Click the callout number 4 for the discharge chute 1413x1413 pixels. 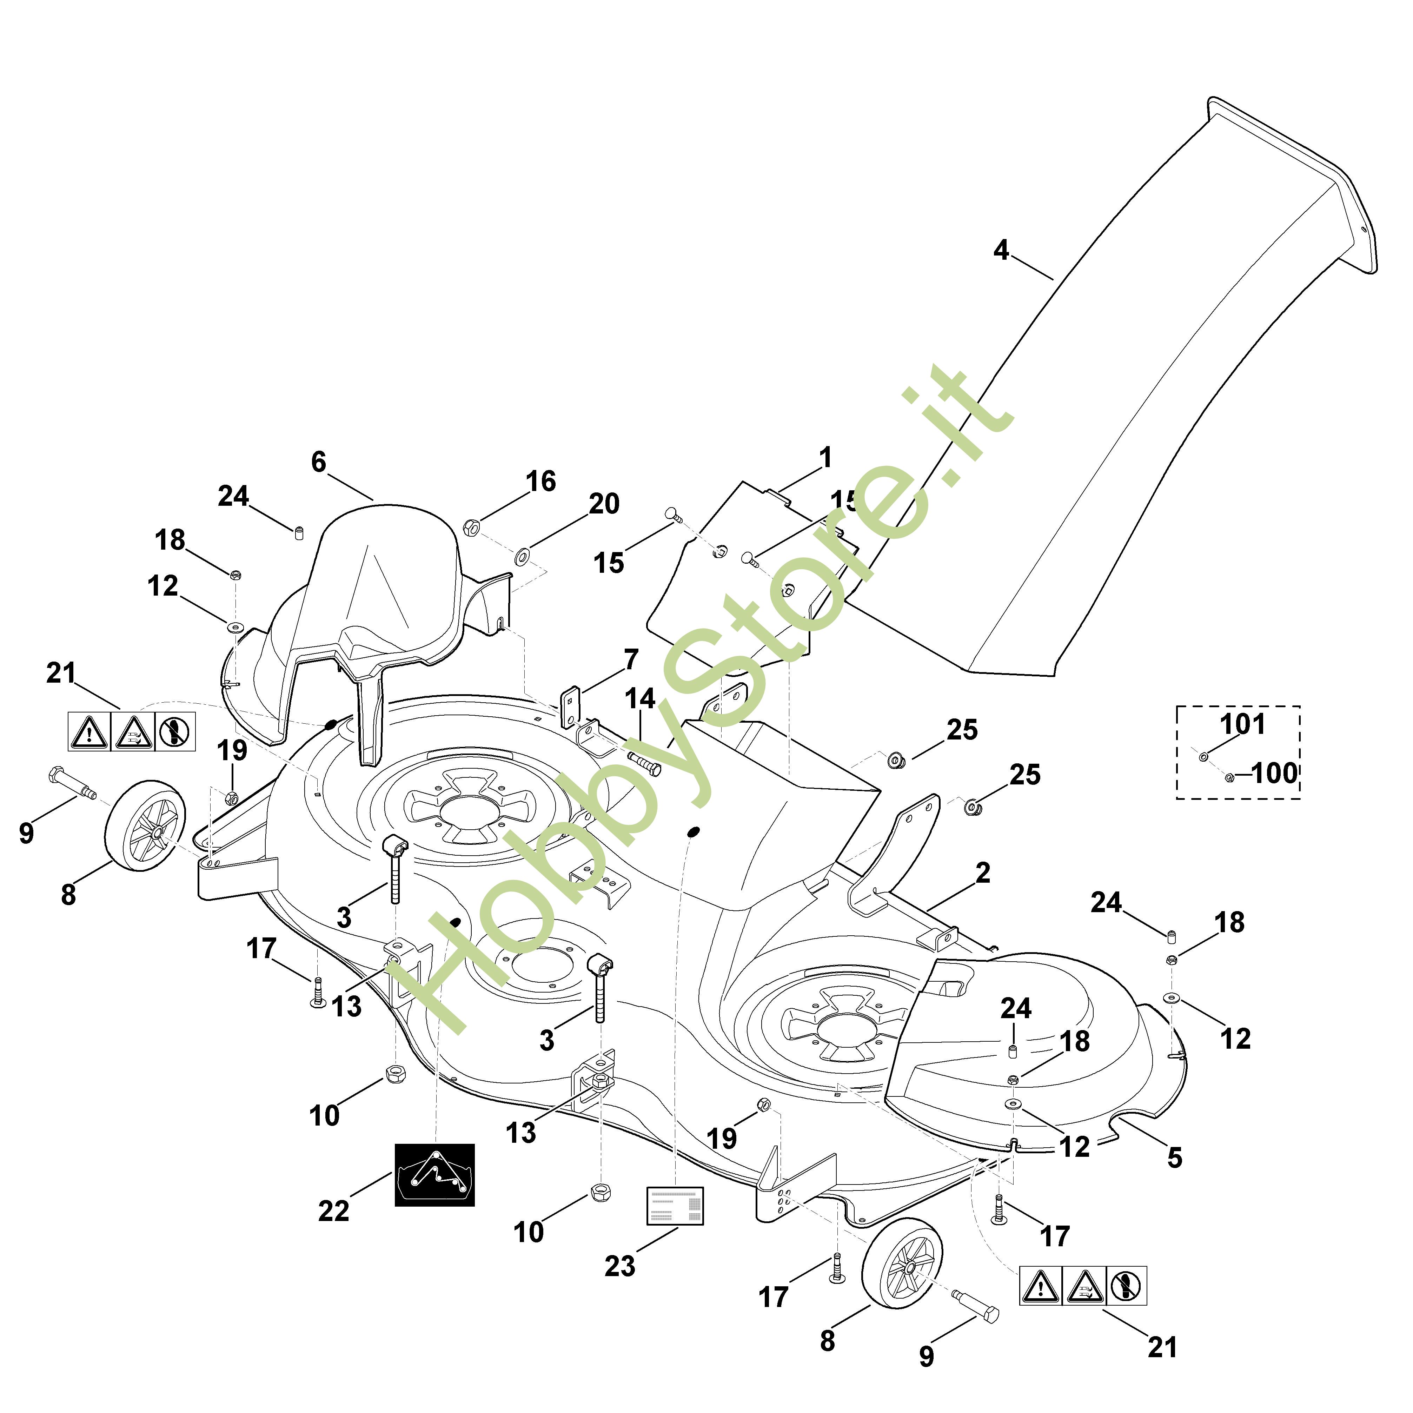pyautogui.click(x=1001, y=251)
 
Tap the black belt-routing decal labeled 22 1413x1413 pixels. pyautogui.click(x=434, y=1175)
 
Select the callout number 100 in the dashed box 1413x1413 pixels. pyautogui.click(x=1274, y=773)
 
